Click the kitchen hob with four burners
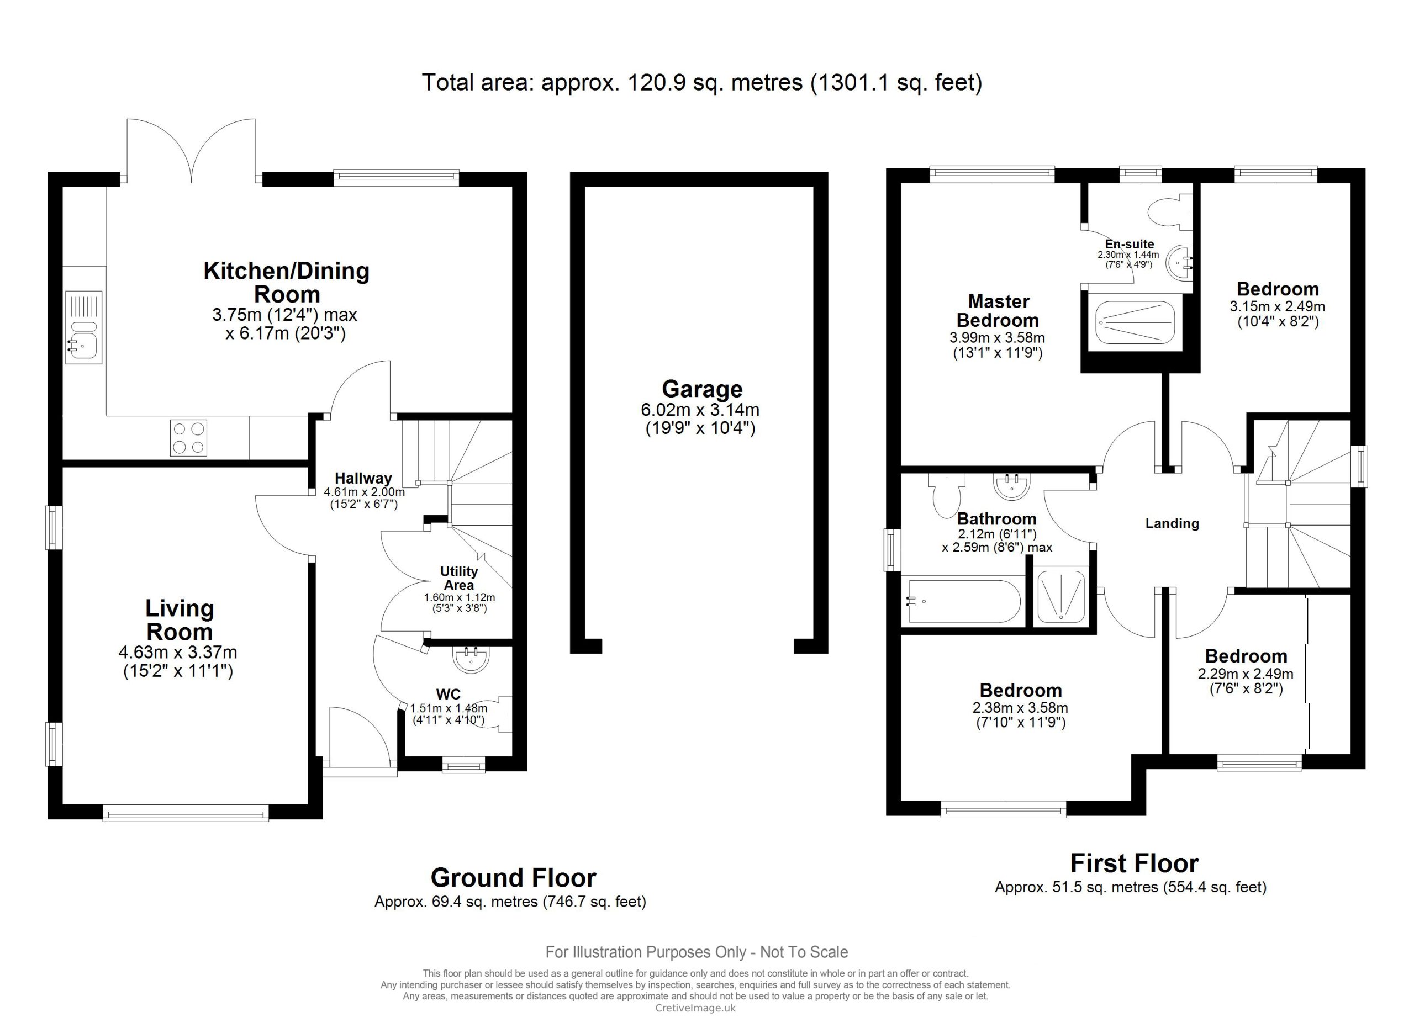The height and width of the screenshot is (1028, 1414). pos(188,438)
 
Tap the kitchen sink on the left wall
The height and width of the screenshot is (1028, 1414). pos(83,327)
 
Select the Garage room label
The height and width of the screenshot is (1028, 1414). pos(702,389)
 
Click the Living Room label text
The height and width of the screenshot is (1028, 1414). pos(180,620)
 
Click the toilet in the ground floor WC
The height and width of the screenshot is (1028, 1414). pos(498,714)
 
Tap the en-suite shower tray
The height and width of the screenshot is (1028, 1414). pos(1135,322)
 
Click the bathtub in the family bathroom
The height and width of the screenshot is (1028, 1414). pos(964,601)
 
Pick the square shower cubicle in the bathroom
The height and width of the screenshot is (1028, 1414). pos(1060,596)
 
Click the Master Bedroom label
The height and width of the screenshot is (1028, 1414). pos(998,311)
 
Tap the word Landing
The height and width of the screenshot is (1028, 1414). pos(1172,523)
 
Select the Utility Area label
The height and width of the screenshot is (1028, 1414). pos(459,578)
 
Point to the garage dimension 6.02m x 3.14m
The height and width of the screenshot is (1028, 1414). pos(700,410)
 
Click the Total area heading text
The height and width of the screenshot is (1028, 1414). pos(702,82)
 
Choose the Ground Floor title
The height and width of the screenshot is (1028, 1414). pos(513,878)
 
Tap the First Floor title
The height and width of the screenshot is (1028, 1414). pos(1134,863)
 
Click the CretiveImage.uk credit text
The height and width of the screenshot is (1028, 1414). pos(695,1008)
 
